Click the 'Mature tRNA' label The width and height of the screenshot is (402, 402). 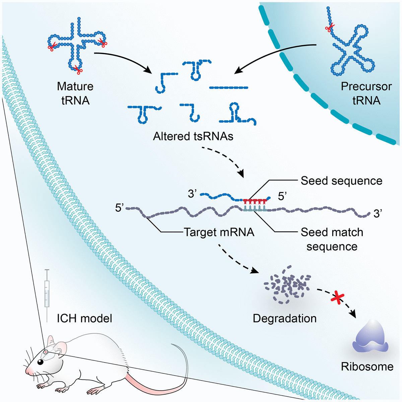click(75, 93)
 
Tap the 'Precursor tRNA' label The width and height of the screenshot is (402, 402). click(366, 93)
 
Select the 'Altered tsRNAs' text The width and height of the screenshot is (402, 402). click(193, 136)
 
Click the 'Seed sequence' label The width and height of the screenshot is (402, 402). click(341, 181)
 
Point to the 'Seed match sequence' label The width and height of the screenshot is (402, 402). click(332, 239)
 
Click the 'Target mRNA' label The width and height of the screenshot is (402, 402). click(219, 232)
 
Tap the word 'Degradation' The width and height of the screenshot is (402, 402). click(284, 318)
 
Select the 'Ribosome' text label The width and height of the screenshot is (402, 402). click(367, 366)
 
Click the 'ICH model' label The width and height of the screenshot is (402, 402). click(84, 318)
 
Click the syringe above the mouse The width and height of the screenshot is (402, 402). click(47, 290)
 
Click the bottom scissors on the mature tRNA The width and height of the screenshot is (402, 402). click(78, 69)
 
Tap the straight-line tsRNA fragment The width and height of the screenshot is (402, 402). click(228, 88)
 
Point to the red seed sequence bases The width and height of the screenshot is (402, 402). click(255, 201)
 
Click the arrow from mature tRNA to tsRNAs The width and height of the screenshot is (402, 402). click(124, 60)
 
